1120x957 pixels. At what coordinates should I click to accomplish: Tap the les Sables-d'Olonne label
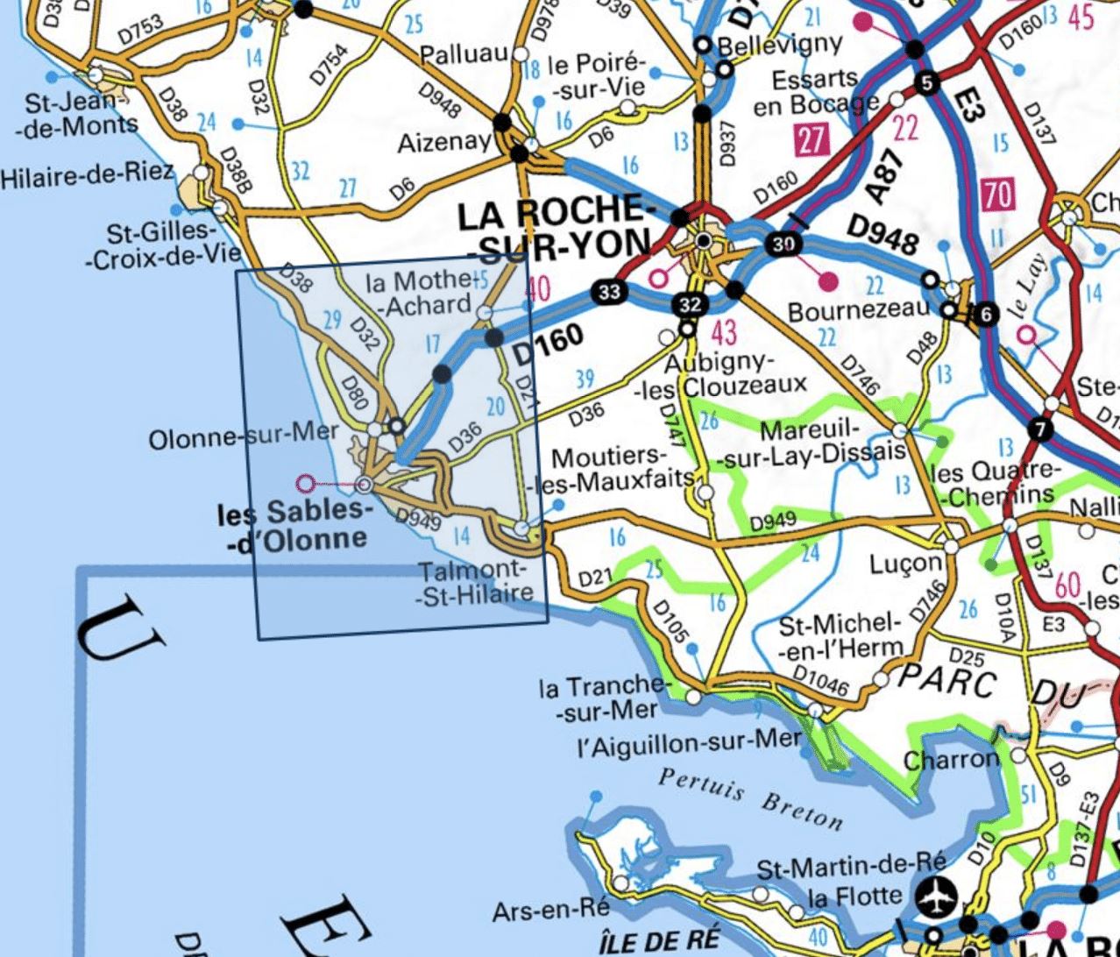tap(292, 526)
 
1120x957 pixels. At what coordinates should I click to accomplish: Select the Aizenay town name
tap(443, 142)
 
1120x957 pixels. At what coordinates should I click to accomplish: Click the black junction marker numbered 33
tap(609, 291)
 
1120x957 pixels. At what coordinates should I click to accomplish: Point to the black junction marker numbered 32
tap(691, 305)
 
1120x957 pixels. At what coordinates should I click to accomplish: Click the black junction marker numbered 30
tap(783, 245)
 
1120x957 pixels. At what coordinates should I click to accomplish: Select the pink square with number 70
tap(998, 194)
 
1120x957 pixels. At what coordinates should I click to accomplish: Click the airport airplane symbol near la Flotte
tap(935, 897)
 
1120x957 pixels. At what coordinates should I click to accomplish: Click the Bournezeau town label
tap(857, 311)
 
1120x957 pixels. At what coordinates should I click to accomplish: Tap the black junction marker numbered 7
tap(1040, 429)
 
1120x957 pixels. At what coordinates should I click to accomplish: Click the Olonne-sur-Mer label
tap(243, 436)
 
